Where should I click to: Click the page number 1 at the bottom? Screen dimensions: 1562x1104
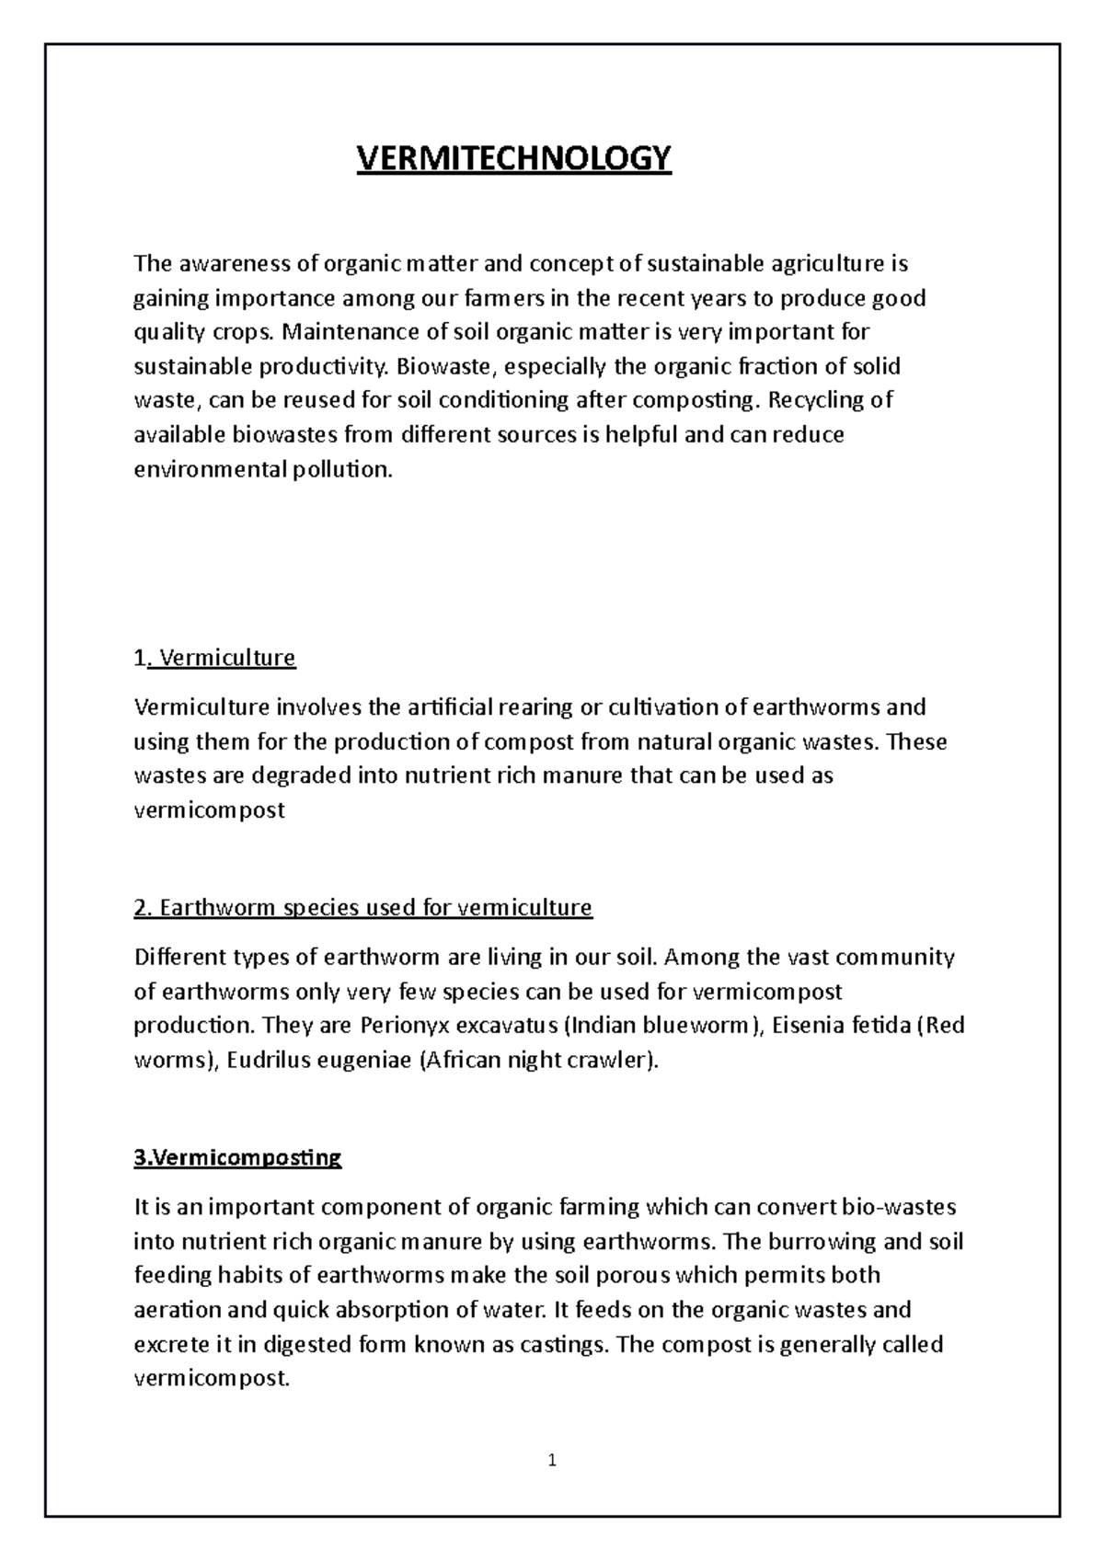[552, 1460]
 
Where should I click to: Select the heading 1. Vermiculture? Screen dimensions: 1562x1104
[214, 658]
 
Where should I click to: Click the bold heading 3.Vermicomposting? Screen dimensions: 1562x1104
[237, 1157]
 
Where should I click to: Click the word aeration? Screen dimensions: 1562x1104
[178, 1310]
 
